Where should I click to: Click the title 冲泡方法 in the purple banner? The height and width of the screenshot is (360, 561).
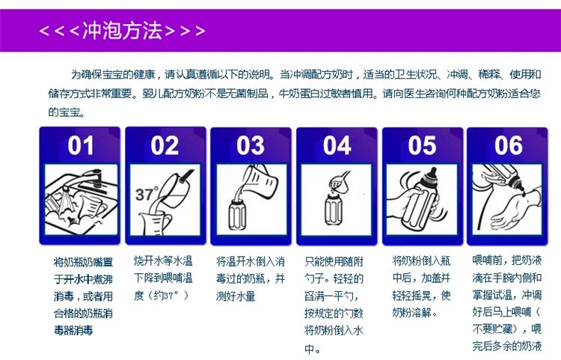[122, 31]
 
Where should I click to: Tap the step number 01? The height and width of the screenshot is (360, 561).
[81, 145]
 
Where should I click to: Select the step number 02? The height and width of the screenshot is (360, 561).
[165, 145]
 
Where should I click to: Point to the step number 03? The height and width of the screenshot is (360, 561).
[251, 145]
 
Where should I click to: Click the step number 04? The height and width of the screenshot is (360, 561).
[337, 145]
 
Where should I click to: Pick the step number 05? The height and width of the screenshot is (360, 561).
[422, 145]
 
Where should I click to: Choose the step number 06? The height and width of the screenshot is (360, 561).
[509, 145]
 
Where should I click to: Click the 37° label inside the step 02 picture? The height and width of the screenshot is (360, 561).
[147, 194]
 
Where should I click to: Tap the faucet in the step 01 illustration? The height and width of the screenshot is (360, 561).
[86, 179]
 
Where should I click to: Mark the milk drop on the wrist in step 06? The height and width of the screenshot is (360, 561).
[524, 194]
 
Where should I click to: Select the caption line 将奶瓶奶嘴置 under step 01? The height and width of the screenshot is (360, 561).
[83, 262]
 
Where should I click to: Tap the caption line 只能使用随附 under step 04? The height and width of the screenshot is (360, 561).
[334, 262]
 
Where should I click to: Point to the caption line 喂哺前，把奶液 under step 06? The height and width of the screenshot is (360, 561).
[507, 260]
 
